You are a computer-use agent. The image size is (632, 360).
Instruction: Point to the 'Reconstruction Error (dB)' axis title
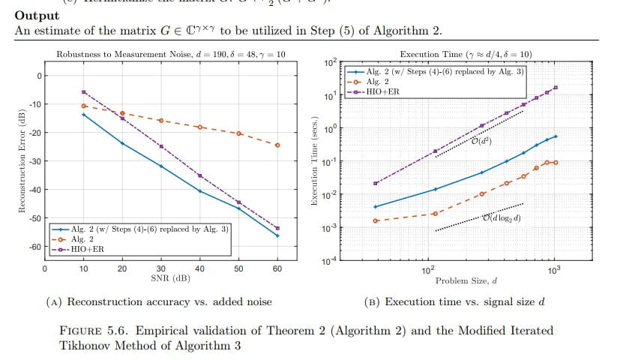point(23,161)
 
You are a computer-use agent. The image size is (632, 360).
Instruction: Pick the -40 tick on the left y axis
point(34,190)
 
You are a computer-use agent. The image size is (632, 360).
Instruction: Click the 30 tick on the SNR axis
point(161,268)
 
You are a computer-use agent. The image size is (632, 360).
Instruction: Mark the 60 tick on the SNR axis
point(277,268)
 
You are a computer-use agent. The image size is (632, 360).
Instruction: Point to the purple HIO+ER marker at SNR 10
point(84,91)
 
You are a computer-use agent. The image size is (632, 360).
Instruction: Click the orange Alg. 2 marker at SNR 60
point(277,145)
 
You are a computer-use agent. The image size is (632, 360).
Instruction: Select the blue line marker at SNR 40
point(199,191)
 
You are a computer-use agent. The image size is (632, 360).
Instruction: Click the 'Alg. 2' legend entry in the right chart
point(379,80)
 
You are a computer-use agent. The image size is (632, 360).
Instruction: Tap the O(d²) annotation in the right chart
point(481,140)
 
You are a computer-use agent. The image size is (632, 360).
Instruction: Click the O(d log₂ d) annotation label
point(501,218)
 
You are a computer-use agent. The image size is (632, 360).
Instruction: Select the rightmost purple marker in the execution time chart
point(556,88)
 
